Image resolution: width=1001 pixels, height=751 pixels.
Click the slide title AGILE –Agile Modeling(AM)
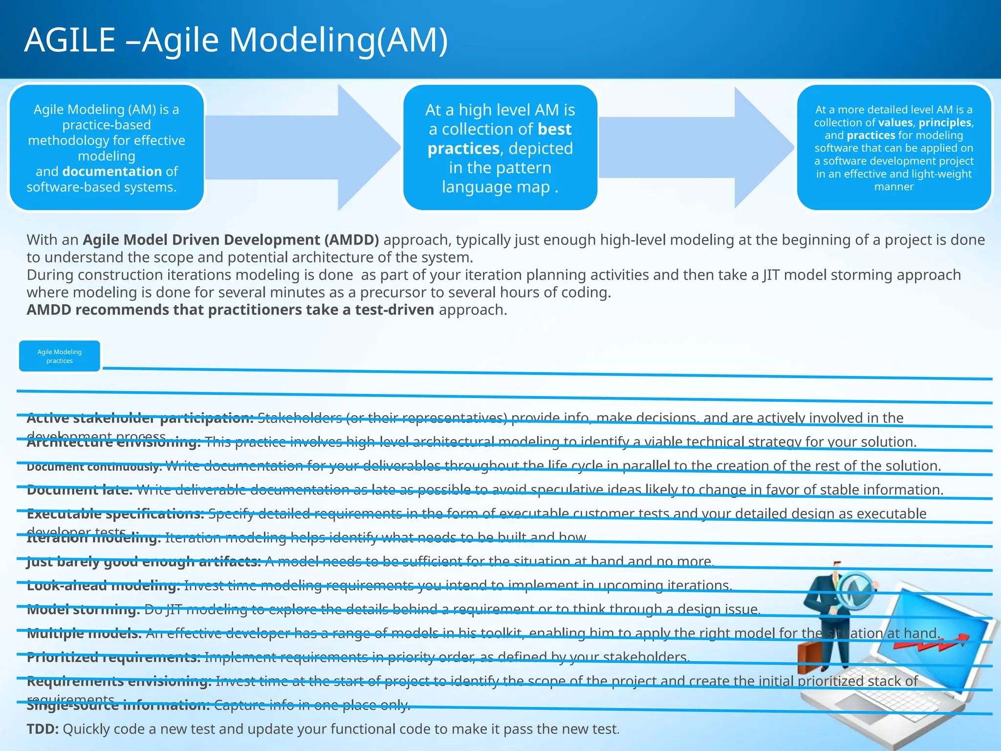[236, 40]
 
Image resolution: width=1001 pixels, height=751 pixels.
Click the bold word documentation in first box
[112, 172]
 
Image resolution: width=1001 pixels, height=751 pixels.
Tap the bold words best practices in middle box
[500, 139]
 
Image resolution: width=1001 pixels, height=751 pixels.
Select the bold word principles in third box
[945, 122]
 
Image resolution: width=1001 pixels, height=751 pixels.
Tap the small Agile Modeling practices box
[60, 356]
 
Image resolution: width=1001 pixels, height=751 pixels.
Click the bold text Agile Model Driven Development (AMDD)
[231, 240]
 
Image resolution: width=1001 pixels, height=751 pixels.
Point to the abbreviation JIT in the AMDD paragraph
[771, 275]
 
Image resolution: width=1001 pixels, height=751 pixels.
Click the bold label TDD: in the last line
[43, 729]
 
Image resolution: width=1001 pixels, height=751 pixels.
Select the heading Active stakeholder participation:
[140, 419]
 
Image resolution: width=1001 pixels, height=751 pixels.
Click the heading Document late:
[80, 490]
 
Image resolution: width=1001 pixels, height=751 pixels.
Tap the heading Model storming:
[83, 610]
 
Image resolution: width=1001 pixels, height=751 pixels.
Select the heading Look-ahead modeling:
[104, 586]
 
